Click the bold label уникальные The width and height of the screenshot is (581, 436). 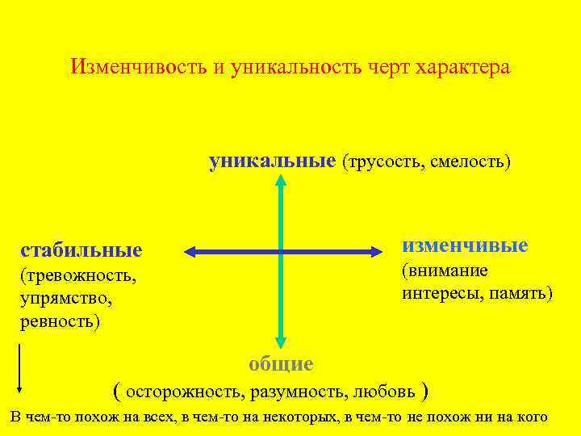click(x=272, y=161)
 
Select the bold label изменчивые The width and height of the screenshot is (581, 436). click(x=465, y=245)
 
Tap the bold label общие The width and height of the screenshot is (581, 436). click(x=280, y=364)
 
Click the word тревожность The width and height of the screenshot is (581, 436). click(x=78, y=276)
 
